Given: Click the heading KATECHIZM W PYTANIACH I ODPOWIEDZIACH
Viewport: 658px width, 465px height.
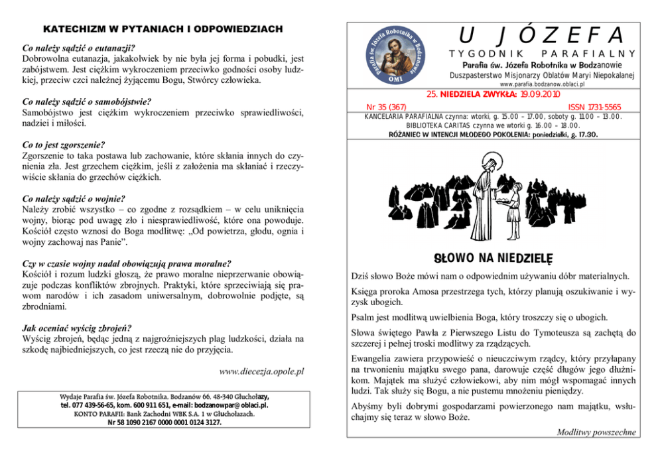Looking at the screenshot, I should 163,30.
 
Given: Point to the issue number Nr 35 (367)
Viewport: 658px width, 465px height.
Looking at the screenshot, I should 386,107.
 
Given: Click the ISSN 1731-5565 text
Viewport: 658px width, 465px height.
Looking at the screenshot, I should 595,107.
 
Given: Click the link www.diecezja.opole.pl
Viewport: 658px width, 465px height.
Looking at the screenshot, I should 261,371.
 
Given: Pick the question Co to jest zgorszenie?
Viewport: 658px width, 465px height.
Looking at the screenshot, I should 64,145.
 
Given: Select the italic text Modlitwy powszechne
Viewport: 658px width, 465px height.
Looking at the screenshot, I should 596,432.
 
